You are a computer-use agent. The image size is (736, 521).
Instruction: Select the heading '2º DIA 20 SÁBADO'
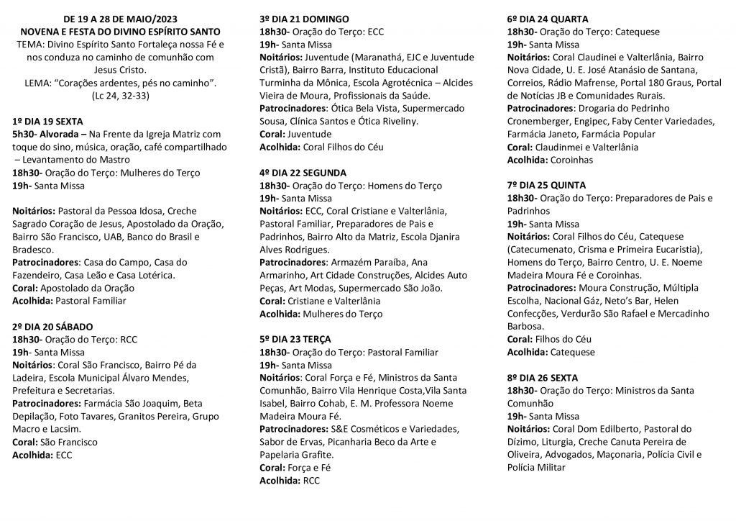coord(53,326)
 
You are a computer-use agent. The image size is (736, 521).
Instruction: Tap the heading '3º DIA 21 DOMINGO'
coord(305,19)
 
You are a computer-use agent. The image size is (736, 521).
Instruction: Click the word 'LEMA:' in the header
coord(40,83)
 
